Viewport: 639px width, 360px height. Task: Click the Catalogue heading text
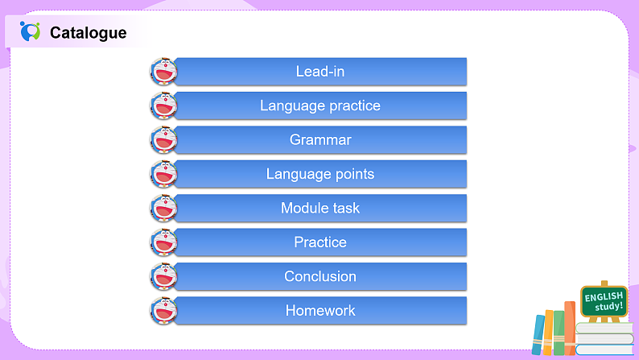88,33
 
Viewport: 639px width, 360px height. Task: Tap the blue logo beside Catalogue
30,32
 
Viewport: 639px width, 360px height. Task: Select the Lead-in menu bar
320,71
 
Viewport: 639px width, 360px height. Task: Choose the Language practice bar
320,106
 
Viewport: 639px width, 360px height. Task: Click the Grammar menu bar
320,139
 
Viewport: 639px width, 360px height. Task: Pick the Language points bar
320,174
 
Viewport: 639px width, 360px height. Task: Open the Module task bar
320,208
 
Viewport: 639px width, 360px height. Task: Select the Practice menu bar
320,242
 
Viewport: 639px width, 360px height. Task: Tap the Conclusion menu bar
320,276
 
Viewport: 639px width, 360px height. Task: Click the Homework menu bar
320,310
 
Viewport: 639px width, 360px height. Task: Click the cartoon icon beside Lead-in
163,72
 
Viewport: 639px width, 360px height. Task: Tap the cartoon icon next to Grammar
163,140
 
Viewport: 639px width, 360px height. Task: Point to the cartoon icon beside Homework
163,311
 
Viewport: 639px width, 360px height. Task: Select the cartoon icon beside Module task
163,209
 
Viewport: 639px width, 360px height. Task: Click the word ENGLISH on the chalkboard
604,296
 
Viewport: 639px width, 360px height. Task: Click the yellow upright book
549,332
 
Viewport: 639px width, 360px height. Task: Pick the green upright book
559,333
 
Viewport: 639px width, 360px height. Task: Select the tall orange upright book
570,328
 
